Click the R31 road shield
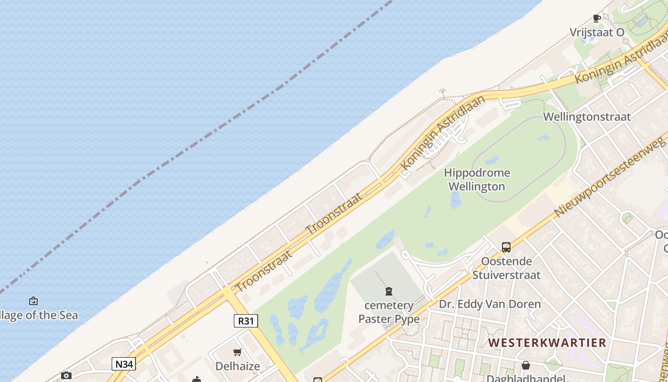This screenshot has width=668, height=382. coord(246,321)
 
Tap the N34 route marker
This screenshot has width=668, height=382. coord(124,364)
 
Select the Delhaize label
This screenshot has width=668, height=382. coord(238,366)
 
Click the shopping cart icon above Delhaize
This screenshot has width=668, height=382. coord(238,352)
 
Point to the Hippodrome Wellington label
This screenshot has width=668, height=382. coord(477,180)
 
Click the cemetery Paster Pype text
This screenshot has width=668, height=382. coord(389,312)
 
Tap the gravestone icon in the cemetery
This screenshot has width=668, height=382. coord(389,291)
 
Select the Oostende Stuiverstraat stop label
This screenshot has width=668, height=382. coord(506,268)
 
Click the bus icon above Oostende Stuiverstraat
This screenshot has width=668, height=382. coord(506,247)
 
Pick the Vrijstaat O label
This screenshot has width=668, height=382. coord(597,32)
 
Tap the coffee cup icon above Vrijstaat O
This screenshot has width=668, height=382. coord(596,19)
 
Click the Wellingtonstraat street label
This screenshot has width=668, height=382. coord(587,117)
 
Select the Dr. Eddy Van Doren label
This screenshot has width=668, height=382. coord(490,304)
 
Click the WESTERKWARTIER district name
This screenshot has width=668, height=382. coord(547,342)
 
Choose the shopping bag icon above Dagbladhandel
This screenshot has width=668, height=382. coord(525,365)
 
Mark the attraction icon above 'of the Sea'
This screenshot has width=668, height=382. coord(33,301)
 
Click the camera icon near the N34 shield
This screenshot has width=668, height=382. coord(66,376)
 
